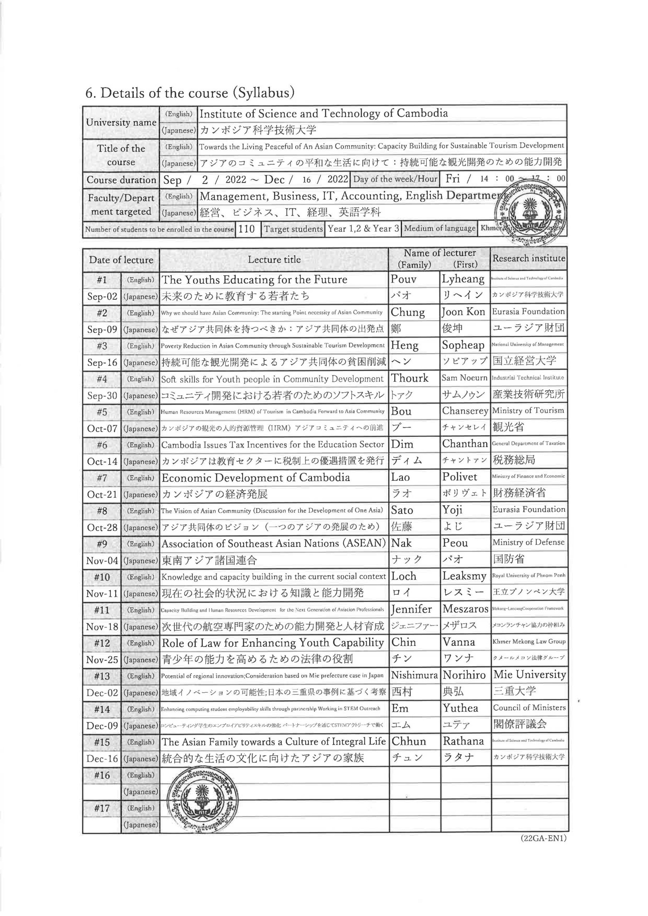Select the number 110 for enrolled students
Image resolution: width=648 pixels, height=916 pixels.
pyautogui.click(x=247, y=229)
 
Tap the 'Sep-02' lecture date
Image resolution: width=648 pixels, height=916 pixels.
pyautogui.click(x=102, y=296)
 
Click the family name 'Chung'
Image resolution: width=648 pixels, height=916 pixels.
pyautogui.click(x=408, y=312)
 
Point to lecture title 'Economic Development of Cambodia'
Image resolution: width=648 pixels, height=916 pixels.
pyautogui.click(x=256, y=478)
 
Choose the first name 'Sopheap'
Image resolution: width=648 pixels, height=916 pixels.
pyautogui.click(x=463, y=346)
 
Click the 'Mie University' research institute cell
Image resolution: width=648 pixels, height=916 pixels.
pyautogui.click(x=530, y=674)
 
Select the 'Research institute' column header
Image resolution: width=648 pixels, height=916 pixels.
pyautogui.click(x=529, y=259)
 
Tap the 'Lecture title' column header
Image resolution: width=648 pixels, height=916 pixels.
pyautogui.click(x=274, y=260)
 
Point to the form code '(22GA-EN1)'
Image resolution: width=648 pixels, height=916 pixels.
pyautogui.click(x=544, y=838)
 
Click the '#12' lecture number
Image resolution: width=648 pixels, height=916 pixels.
pyautogui.click(x=102, y=643)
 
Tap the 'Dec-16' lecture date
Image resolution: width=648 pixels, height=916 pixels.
pyautogui.click(x=102, y=759)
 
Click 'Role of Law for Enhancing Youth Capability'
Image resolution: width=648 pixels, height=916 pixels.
pyautogui.click(x=273, y=643)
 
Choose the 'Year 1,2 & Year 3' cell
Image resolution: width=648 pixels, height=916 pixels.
pyautogui.click(x=363, y=229)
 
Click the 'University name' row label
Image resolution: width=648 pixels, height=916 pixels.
pyautogui.click(x=121, y=122)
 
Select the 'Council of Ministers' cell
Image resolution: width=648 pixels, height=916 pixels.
pyautogui.click(x=529, y=708)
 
